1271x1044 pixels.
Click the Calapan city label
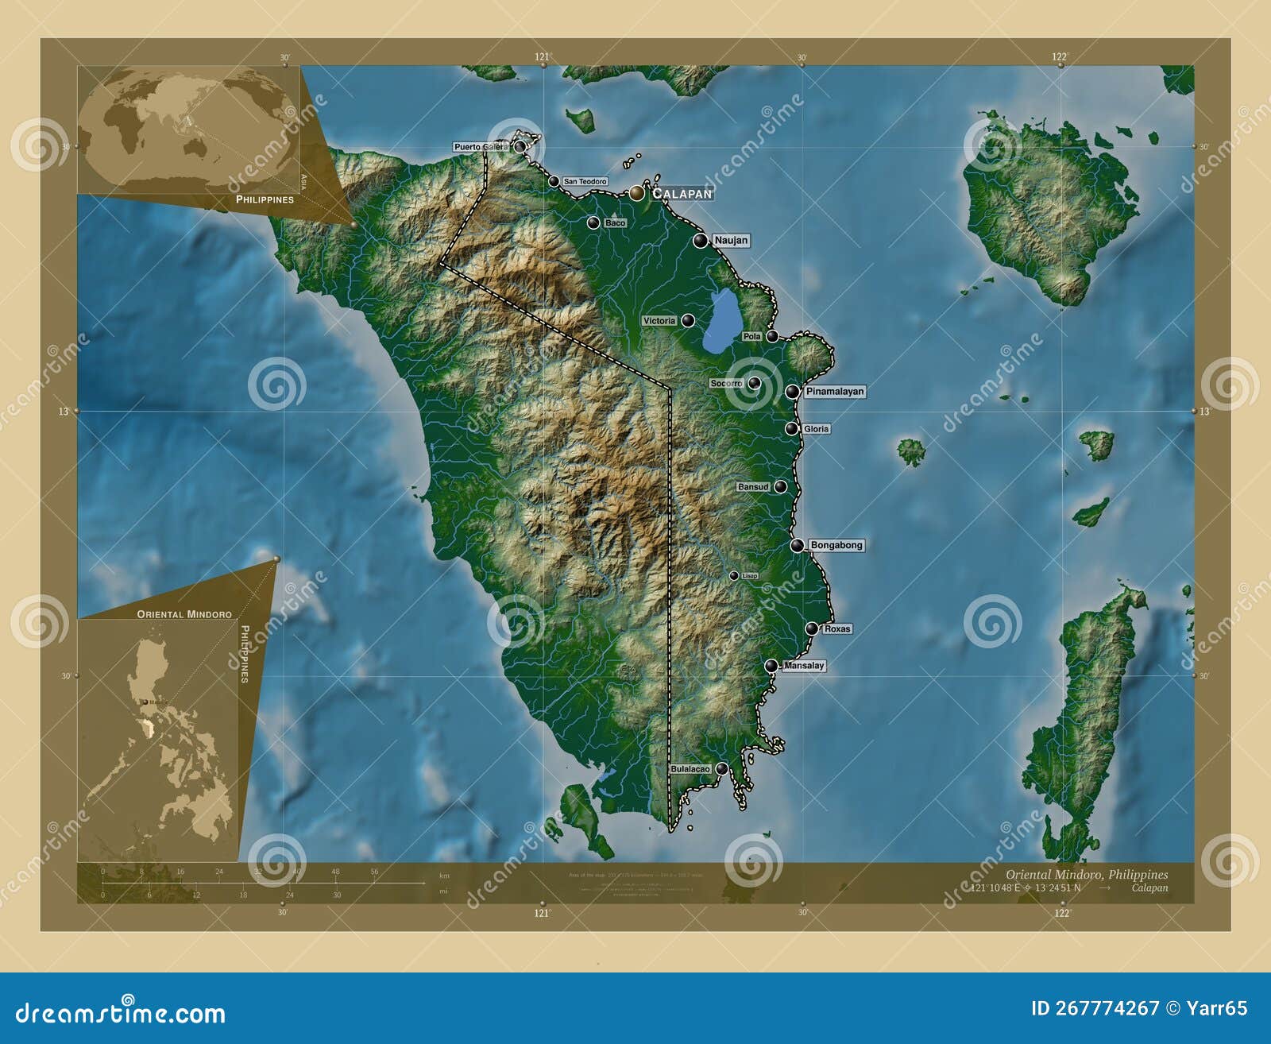[682, 193]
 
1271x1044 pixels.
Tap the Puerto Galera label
[481, 147]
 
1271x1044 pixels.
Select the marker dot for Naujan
[700, 240]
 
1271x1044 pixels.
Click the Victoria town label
[659, 321]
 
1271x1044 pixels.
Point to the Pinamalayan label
[834, 392]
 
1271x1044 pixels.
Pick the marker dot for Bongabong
[797, 545]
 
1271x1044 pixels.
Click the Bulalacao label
[690, 769]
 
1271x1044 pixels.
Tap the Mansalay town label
[804, 666]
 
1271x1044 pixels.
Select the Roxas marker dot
[811, 628]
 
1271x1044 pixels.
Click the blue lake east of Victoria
[720, 322]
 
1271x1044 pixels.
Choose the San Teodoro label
[585, 182]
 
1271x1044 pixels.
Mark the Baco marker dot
[593, 222]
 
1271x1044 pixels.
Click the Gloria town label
[816, 429]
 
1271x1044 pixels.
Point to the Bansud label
[753, 486]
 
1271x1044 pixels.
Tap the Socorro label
[726, 384]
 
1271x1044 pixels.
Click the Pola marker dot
[772, 336]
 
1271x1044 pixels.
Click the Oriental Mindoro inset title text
[184, 614]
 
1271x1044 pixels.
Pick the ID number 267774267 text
[1095, 1008]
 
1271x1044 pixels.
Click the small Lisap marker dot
[734, 575]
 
